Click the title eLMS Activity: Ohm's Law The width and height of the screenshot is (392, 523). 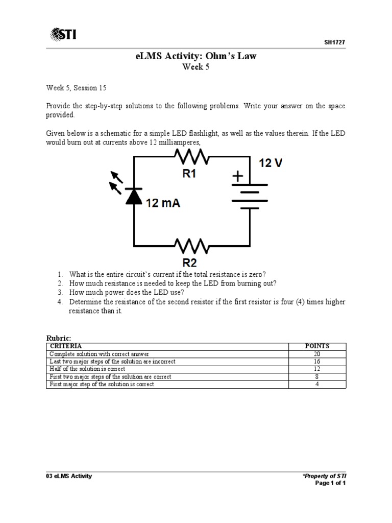pos(197,56)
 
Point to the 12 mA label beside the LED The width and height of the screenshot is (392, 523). pos(163,203)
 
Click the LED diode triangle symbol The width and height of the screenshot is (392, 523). pos(134,196)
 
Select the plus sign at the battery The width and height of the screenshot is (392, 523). pos(238,176)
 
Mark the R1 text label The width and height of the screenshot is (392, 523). pos(189,174)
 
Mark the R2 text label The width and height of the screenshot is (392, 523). pos(189,263)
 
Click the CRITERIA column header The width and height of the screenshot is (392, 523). pos(65,346)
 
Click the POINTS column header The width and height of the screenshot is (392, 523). pos(317,346)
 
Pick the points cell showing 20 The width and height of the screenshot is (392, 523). pos(317,353)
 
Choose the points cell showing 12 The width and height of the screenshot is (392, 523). pos(317,369)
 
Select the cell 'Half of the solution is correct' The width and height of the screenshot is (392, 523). pos(87,369)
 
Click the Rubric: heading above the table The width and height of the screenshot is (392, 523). pos(58,338)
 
